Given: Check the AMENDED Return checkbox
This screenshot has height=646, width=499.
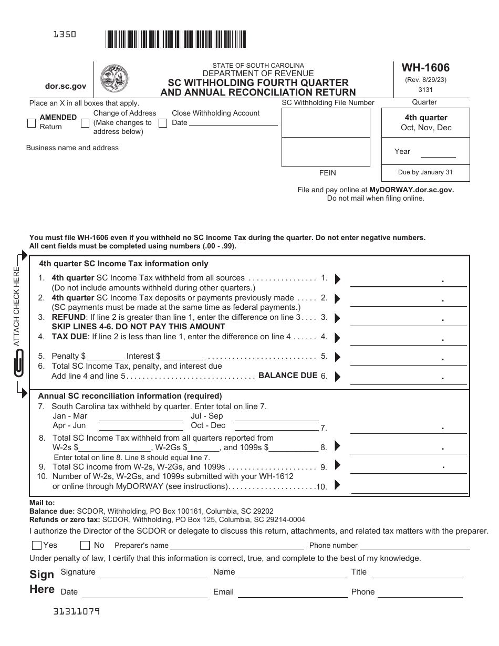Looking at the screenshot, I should [32, 123].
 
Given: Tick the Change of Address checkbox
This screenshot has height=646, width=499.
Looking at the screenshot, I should [85, 123].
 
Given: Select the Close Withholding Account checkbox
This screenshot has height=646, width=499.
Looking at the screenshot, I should [163, 123].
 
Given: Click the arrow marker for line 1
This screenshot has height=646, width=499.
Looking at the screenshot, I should [337, 278].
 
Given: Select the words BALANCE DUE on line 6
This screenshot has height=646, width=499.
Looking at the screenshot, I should [288, 376].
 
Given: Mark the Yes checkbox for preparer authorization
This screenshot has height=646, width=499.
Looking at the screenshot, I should [37, 545].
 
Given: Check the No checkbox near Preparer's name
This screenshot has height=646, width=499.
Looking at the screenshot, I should [85, 545].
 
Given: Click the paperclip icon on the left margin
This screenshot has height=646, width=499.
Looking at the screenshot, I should [19, 362].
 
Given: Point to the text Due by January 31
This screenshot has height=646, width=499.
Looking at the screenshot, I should [425, 172].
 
